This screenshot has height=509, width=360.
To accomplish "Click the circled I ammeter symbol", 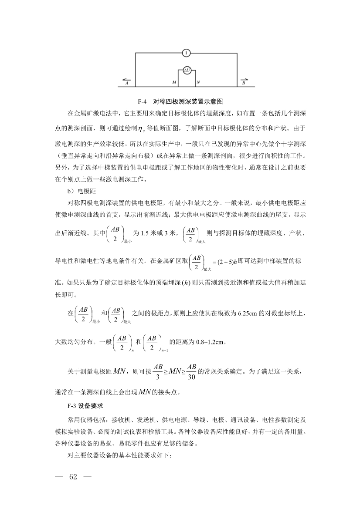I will (186, 53).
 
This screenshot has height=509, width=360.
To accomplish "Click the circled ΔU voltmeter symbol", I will (186, 70).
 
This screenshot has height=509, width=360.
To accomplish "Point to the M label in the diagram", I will (174, 82).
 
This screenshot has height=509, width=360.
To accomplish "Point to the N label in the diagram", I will (198, 82).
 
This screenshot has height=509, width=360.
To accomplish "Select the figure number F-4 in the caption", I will (142, 101).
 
